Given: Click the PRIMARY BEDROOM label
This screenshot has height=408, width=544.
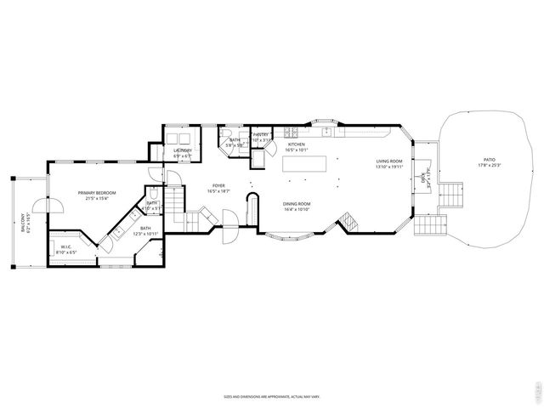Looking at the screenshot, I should pos(96,193).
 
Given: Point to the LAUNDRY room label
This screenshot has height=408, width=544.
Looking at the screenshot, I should pos(183,150).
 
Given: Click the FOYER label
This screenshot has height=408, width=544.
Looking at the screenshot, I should pos(219,185).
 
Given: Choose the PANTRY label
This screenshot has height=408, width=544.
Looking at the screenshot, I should pos(261,134).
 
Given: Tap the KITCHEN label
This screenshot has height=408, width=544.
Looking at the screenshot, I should pos(296,144).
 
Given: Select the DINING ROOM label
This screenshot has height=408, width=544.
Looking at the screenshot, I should pos(297,203).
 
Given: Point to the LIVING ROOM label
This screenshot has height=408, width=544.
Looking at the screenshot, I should pos(389,161).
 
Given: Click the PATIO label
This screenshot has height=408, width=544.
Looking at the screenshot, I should pos(489,159).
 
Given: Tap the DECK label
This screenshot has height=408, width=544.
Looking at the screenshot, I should pos(422,177).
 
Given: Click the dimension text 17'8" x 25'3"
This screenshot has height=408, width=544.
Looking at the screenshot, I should pos(489,165).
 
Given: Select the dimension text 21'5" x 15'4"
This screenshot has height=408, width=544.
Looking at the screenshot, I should pos(96,199).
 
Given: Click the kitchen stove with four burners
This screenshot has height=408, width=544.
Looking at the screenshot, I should pos(291,132).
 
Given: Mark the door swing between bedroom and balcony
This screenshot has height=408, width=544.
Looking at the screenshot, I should pos(55,206).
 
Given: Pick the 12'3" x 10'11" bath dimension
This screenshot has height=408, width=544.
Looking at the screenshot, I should pos(145,234).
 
